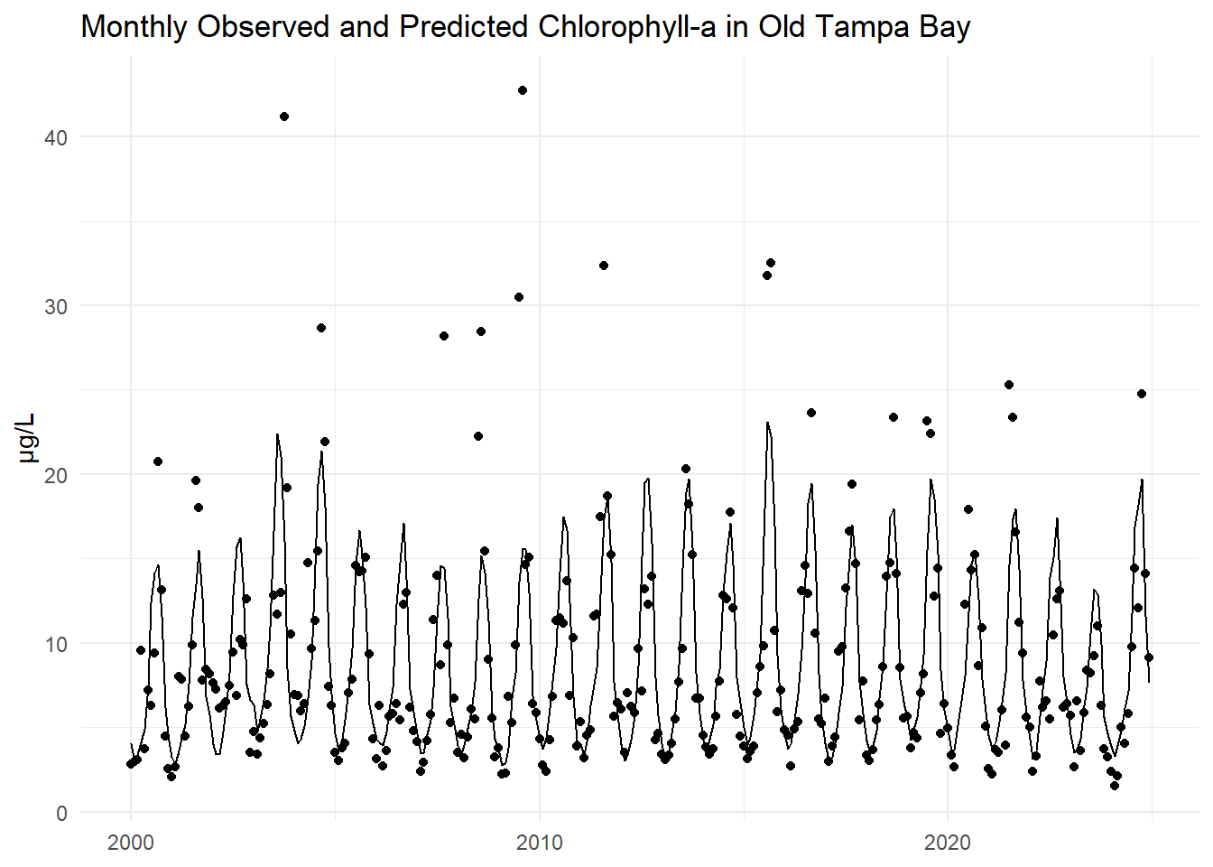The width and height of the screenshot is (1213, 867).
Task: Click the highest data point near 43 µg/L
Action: coord(523,90)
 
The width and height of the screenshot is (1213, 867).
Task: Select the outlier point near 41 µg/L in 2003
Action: coord(284,117)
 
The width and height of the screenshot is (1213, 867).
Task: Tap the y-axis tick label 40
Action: coord(56,137)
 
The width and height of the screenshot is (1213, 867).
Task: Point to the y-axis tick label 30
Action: coord(56,306)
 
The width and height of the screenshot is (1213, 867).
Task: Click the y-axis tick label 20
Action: coord(56,475)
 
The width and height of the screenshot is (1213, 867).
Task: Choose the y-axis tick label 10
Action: coord(56,644)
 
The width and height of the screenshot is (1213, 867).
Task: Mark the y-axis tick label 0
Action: coord(61,813)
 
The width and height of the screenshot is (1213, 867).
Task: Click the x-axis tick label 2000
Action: coord(131,843)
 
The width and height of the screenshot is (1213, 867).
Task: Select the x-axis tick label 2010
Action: coord(539,843)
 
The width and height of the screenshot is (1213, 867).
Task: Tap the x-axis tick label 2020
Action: coord(948,843)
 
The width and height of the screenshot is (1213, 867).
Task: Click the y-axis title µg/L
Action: coord(27,437)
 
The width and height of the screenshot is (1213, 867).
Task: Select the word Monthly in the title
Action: coord(134,27)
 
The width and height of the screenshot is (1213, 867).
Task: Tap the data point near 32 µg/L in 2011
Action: coord(604,266)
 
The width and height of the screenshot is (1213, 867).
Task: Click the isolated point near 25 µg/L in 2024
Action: coord(1142,394)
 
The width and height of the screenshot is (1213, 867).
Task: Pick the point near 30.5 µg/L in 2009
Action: coord(519,297)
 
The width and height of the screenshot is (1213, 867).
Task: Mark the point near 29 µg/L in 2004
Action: coord(321,328)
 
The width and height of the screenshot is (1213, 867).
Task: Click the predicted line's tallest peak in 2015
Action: coord(767,423)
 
